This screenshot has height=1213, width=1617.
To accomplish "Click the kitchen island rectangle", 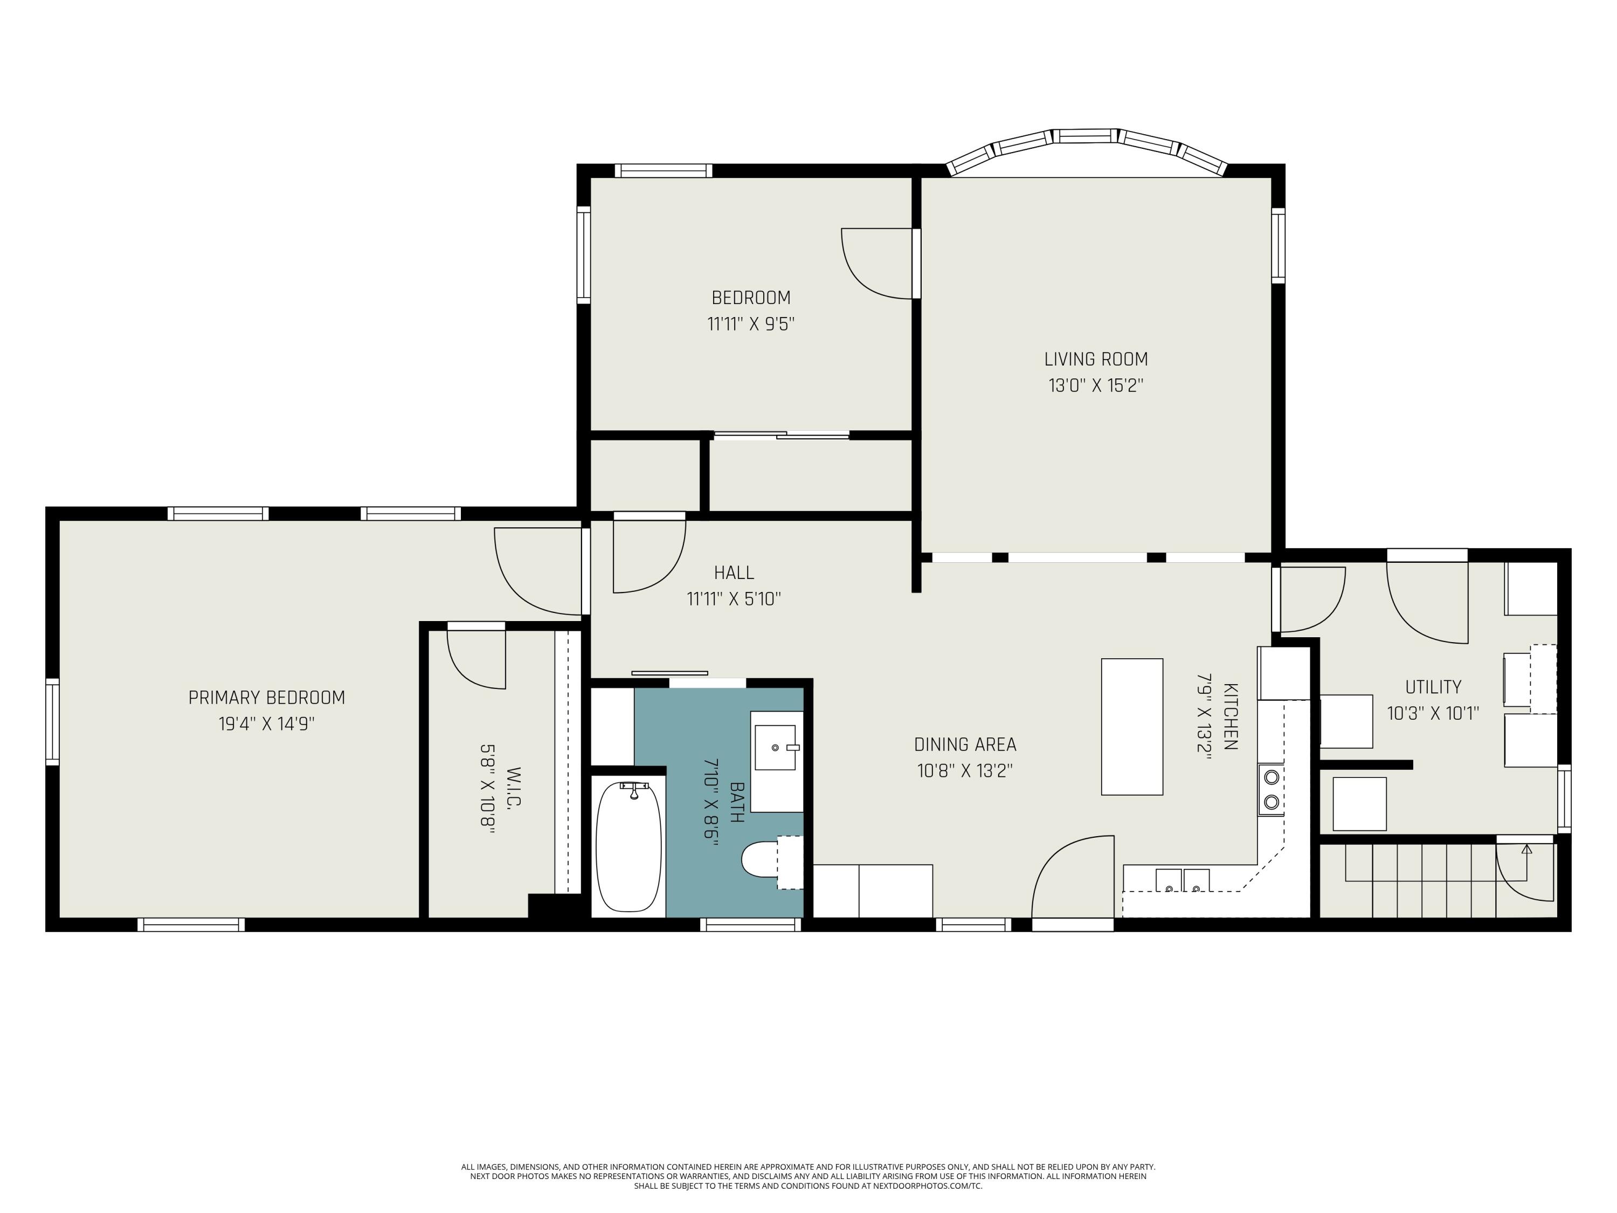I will point(1131,726).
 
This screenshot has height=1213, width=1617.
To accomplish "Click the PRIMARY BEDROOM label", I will point(266,698).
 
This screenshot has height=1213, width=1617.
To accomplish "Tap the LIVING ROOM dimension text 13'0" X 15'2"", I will point(1095,385).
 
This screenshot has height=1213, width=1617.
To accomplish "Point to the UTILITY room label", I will point(1433,687).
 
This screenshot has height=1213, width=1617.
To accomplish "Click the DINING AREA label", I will point(965,745).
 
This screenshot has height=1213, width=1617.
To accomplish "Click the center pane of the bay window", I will point(1086,136).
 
